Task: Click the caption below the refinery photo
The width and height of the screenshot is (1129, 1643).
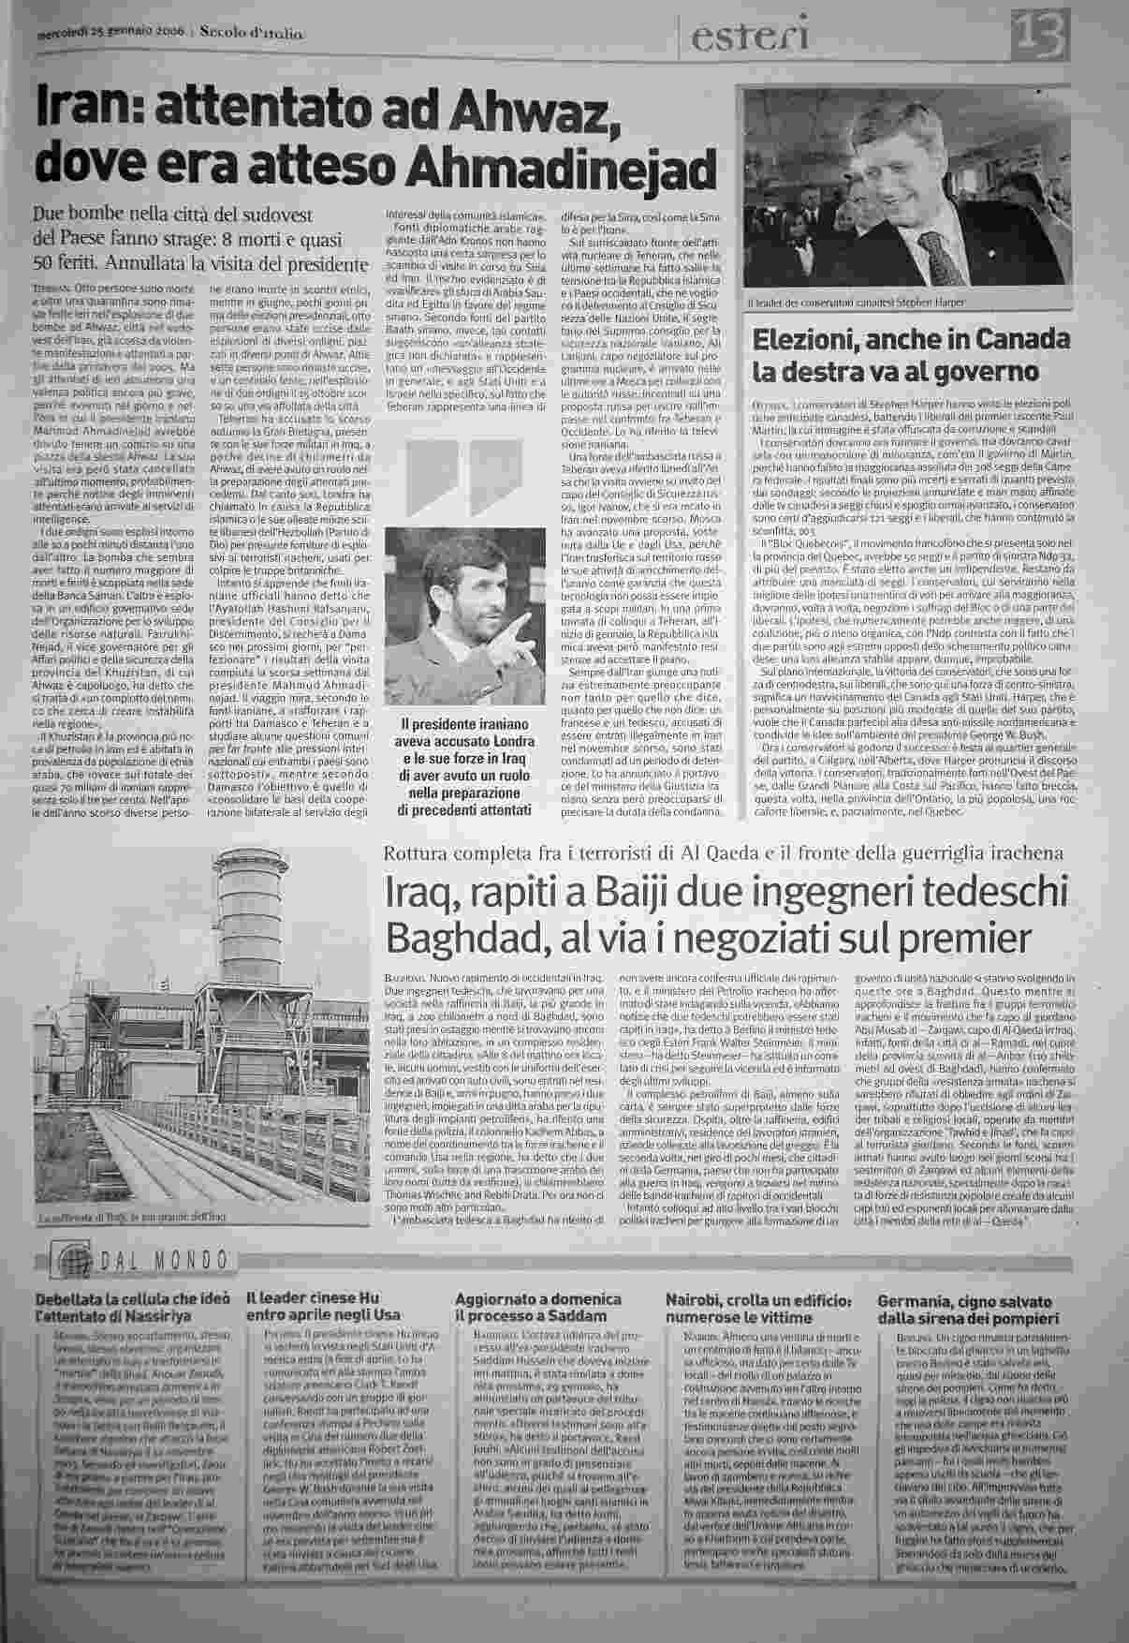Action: point(133,1218)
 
